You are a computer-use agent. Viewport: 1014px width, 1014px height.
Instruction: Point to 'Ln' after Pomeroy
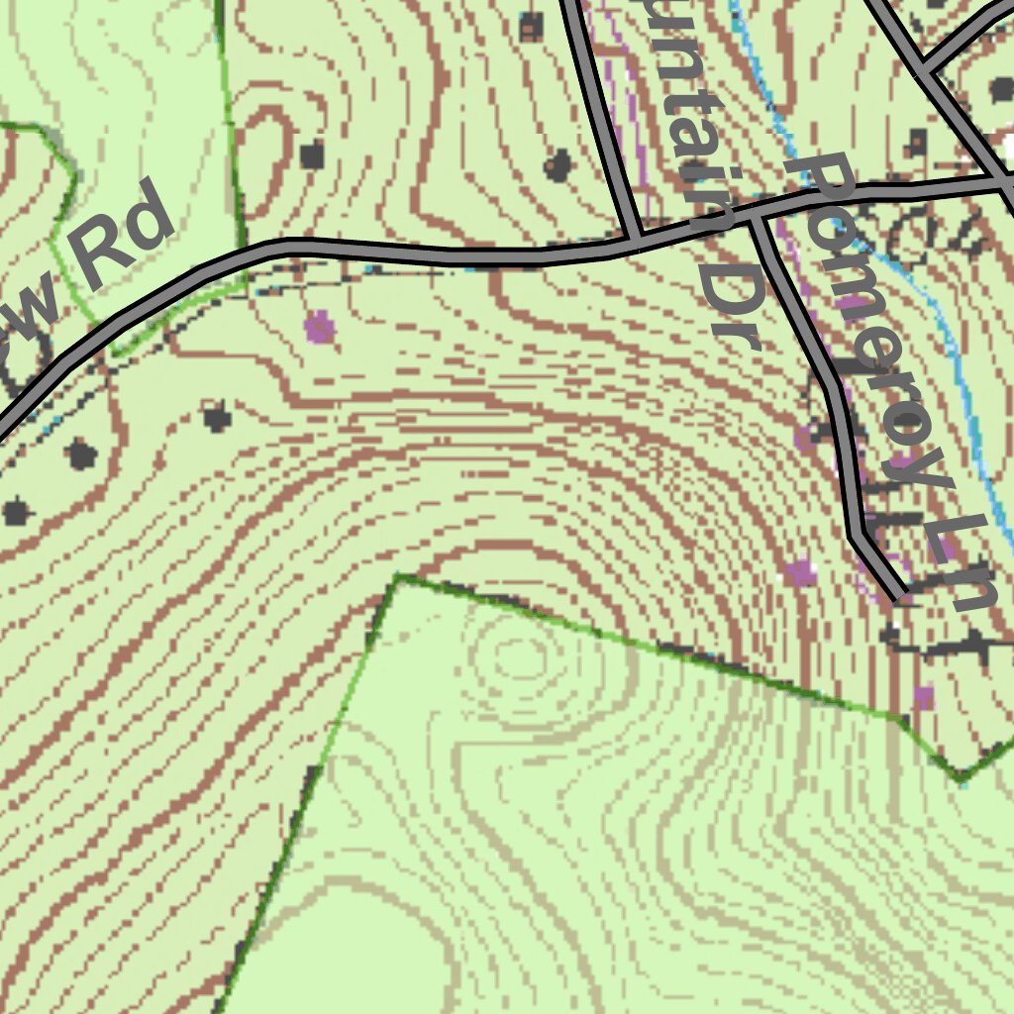[961, 564]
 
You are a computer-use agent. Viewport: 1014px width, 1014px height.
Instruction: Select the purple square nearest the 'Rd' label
[318, 326]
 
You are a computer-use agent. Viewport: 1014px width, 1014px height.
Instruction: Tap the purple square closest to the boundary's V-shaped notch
[923, 696]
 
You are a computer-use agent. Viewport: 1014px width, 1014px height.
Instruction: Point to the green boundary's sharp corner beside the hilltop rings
[397, 576]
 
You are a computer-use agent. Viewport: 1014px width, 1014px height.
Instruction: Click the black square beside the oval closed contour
[312, 154]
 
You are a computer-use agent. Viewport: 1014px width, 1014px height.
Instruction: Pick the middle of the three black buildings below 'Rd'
[81, 455]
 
